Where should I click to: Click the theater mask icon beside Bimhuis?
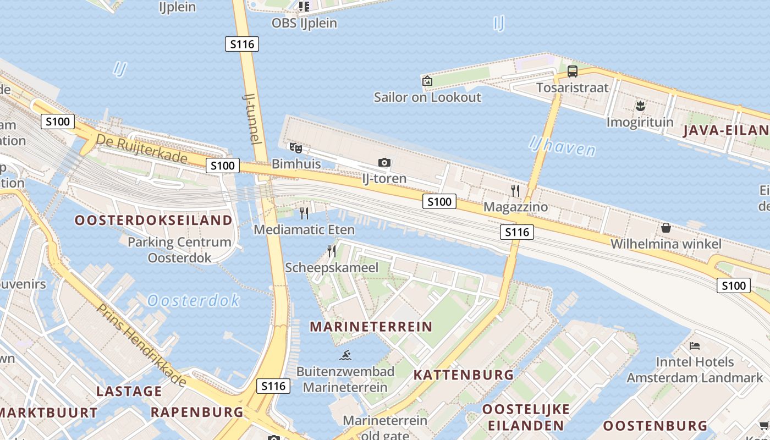296,147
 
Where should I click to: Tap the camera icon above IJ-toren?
384,162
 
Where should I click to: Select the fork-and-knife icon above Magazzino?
515,191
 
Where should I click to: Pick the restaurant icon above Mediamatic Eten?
304,213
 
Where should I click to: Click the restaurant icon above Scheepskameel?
332,251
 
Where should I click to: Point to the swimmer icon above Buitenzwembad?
345,355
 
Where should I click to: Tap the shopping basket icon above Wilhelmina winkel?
665,228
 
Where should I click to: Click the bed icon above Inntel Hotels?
695,346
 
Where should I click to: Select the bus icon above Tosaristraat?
573,71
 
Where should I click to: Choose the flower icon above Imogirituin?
640,106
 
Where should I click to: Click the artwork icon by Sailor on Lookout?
427,81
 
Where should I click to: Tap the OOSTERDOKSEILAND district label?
153,221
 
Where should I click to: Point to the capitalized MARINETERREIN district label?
371,327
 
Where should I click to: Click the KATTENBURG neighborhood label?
464,375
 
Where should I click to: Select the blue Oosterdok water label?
194,300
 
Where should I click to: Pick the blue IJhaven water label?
562,146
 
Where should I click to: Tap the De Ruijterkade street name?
142,148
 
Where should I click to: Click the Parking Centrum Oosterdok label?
179,250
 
